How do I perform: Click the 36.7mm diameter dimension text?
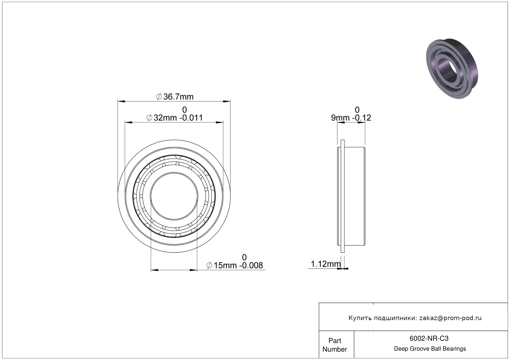[175, 97]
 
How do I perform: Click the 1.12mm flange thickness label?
[326, 264]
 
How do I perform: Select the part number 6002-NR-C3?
[429, 339]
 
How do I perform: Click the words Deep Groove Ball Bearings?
[430, 349]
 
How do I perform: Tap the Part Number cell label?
[335, 345]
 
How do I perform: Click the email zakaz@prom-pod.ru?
[450, 318]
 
